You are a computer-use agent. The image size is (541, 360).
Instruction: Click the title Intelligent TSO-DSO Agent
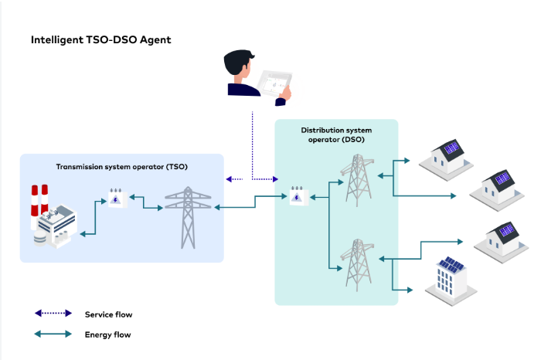(x=100, y=40)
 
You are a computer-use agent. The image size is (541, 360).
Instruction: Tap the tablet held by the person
(x=275, y=83)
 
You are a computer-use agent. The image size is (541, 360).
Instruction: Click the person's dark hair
(x=237, y=61)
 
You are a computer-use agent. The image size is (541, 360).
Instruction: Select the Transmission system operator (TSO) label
(x=122, y=167)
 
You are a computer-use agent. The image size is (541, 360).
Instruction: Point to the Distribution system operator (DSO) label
(x=336, y=135)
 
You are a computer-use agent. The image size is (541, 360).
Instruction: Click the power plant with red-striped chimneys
(x=53, y=216)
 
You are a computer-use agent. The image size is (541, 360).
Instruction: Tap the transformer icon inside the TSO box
(x=117, y=198)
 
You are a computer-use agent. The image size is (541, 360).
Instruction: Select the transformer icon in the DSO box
(x=299, y=196)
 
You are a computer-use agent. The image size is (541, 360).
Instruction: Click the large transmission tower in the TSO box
(x=188, y=217)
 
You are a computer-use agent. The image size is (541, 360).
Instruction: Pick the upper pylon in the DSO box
(x=357, y=180)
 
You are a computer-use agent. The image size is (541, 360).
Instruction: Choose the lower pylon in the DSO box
(x=357, y=265)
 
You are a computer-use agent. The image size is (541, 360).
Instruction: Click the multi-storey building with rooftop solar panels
(x=451, y=280)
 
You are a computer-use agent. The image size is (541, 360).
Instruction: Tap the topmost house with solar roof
(x=446, y=160)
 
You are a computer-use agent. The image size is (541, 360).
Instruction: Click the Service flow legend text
(x=109, y=314)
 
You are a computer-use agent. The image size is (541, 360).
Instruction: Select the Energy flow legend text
(x=108, y=335)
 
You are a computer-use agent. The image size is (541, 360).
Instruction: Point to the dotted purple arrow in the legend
(x=53, y=313)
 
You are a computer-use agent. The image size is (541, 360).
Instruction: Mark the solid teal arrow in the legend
(x=53, y=334)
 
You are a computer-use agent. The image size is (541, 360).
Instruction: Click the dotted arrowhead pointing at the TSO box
(x=229, y=179)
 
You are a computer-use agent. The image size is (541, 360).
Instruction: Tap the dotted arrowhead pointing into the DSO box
(x=275, y=179)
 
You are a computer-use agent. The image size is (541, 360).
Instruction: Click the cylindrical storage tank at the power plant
(x=39, y=238)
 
